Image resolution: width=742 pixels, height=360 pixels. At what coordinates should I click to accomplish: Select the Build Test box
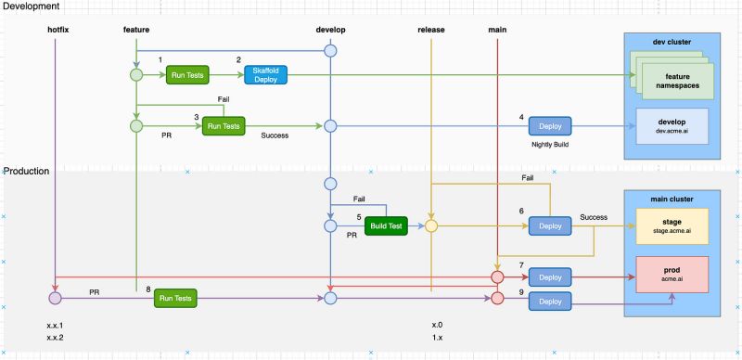tap(386, 225)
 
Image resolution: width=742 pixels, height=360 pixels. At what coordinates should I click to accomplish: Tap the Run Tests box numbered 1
tap(188, 75)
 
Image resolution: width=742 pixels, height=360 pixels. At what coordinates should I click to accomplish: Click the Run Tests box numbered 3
tap(224, 125)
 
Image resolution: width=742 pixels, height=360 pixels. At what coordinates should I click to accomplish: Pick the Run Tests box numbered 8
tap(175, 298)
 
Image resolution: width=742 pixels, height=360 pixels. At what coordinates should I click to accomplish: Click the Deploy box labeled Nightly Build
tap(550, 125)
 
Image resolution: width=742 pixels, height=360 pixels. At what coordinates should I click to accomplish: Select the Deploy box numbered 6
tap(550, 225)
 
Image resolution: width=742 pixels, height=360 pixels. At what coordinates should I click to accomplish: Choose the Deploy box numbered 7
tap(550, 276)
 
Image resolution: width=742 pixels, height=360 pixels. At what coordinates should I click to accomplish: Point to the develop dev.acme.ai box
tap(671, 126)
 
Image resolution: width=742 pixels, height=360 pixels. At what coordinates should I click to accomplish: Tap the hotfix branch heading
tap(58, 30)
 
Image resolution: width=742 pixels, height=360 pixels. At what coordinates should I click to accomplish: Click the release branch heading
tap(431, 30)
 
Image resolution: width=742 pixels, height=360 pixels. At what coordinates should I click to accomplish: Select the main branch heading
tap(497, 30)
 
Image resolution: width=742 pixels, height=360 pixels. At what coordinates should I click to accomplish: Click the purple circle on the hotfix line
tap(55, 299)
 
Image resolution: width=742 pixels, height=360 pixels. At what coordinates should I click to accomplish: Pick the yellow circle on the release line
tap(431, 225)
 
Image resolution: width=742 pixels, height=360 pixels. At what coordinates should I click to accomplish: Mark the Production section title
tap(29, 173)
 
